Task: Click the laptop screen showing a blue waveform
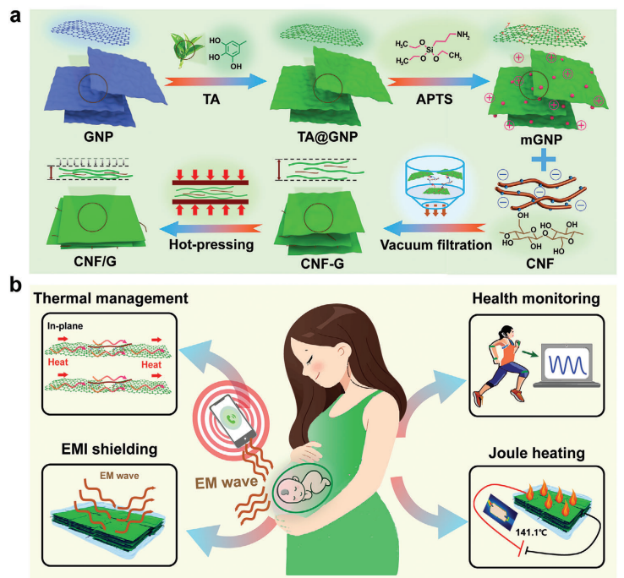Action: coord(556,368)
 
